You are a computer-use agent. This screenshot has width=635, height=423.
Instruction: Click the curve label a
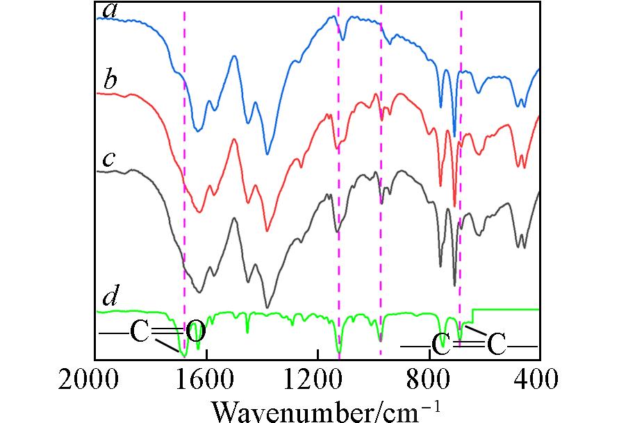click(108, 10)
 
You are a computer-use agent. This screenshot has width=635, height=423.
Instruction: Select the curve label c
click(108, 159)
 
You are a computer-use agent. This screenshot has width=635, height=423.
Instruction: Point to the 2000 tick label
click(95, 381)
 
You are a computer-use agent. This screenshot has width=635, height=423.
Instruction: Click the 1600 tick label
click(207, 381)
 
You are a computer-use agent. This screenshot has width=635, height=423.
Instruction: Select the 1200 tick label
click(317, 381)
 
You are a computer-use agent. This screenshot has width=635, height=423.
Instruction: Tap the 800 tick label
click(429, 381)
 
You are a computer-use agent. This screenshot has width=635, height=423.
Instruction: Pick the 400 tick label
click(538, 381)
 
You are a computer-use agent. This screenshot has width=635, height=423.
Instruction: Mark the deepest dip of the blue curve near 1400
click(267, 154)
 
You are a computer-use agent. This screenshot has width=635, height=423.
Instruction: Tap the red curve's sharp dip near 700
click(454, 206)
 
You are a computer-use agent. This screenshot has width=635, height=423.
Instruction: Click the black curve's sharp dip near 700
click(454, 285)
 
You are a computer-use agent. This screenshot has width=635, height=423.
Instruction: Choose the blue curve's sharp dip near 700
click(454, 136)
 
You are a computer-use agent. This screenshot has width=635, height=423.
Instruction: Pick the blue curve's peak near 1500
click(234, 57)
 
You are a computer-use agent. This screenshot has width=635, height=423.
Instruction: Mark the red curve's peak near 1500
click(234, 140)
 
